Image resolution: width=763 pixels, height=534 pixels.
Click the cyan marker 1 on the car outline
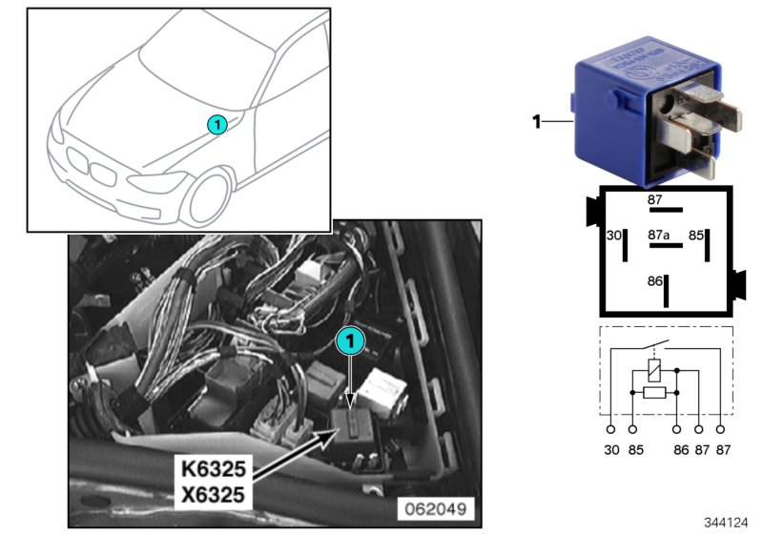point(217,124)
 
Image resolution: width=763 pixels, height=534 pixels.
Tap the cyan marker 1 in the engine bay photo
point(351,339)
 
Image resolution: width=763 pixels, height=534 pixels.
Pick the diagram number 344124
point(728,523)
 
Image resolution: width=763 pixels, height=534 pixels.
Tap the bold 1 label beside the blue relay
point(536,121)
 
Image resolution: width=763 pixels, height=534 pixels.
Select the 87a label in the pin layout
point(658,234)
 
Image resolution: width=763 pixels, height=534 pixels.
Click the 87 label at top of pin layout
point(654,199)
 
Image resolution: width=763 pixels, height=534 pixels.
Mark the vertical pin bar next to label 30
point(625,245)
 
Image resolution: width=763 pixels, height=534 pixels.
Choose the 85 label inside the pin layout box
point(697,234)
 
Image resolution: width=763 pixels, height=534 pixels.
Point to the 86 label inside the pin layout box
point(654,282)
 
